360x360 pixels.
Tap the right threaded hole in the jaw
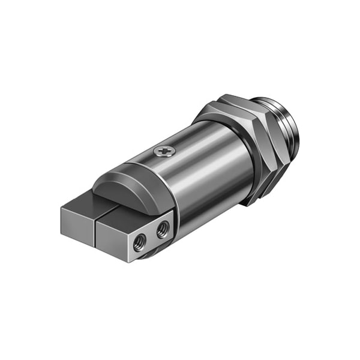click(162, 228)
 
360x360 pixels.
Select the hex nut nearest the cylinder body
click(240, 150)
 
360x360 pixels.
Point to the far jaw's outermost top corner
click(62, 209)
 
